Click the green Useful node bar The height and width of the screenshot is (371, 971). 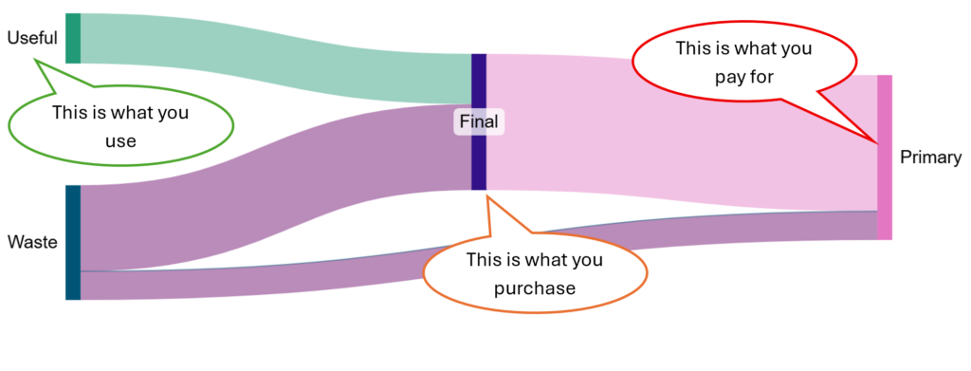tap(73, 38)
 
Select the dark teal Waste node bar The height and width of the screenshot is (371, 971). tap(73, 242)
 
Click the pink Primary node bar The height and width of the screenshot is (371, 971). tap(885, 158)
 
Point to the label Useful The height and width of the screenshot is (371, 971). tap(32, 38)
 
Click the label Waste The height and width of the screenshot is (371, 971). tap(32, 242)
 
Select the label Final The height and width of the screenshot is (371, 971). tap(479, 122)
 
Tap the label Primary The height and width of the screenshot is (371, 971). tap(931, 158)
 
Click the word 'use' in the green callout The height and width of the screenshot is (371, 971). tap(120, 140)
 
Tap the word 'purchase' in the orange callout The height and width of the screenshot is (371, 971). tap(535, 288)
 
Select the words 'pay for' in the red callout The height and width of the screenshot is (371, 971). tap(744, 78)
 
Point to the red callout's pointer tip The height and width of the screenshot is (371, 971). tap(877, 143)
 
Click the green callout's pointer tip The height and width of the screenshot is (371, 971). tap(35, 60)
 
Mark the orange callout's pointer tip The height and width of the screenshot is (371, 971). tap(486, 196)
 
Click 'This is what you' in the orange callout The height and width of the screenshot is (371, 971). tap(535, 260)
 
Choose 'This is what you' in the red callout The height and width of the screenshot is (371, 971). tap(743, 48)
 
